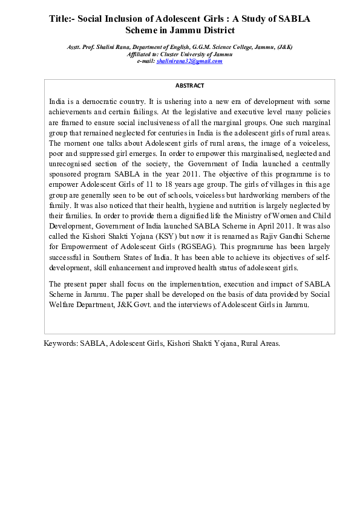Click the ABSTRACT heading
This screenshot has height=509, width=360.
[x=189, y=86]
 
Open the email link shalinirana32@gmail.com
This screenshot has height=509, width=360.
[x=189, y=61]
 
